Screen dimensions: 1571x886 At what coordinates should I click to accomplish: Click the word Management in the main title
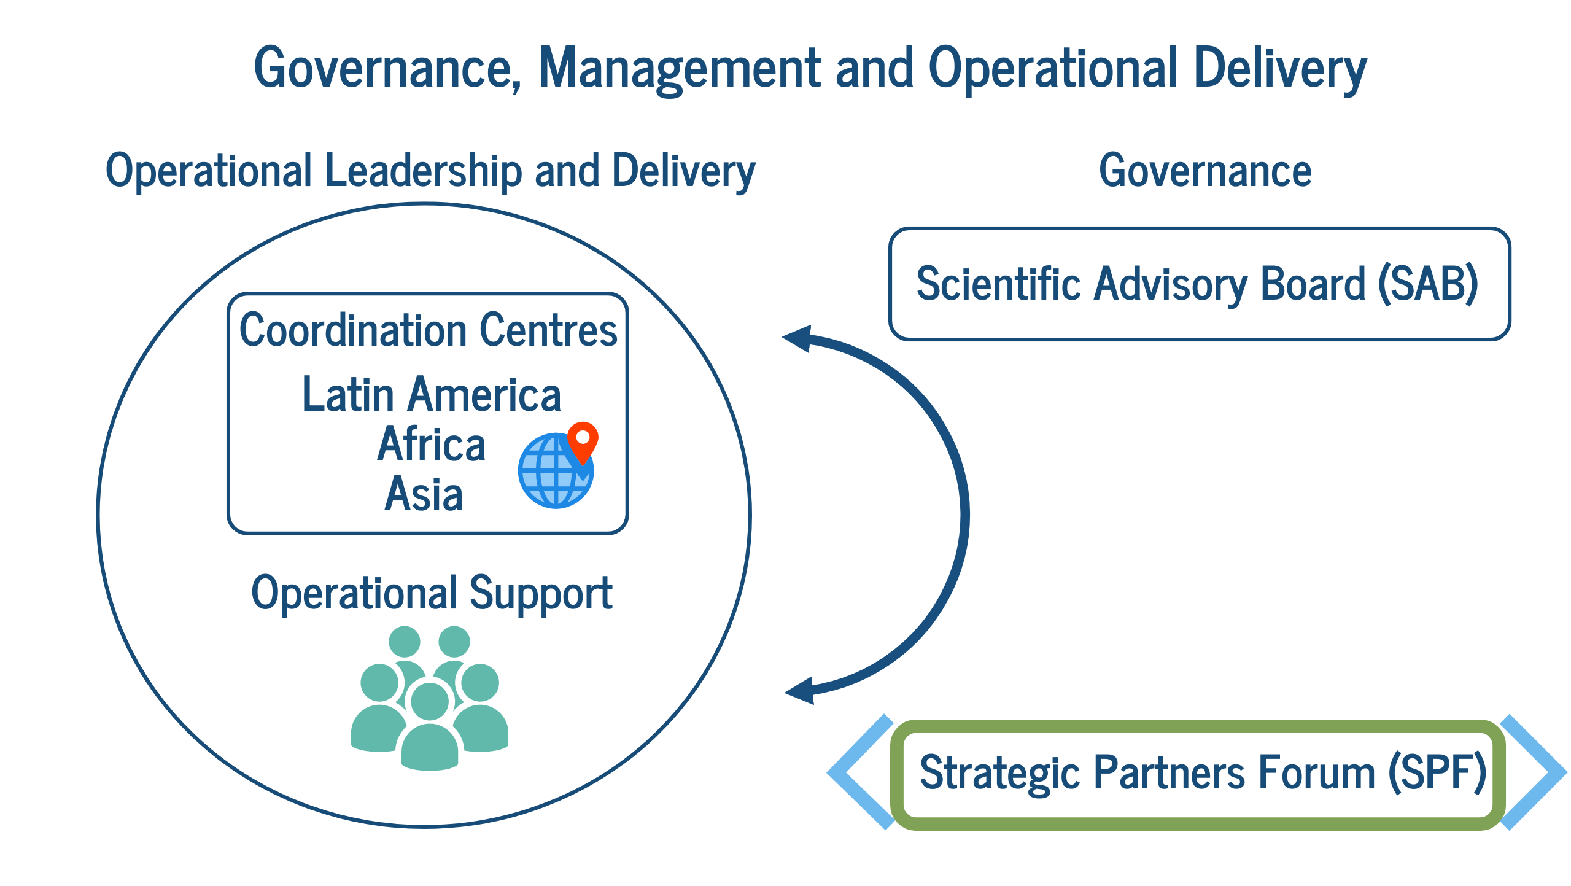click(x=680, y=69)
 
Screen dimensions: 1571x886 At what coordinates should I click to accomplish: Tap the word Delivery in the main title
click(x=1280, y=69)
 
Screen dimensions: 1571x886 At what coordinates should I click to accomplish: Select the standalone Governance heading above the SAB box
click(x=1205, y=171)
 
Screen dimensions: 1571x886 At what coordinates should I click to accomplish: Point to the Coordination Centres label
click(x=428, y=330)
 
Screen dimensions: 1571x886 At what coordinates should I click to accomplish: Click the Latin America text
click(x=432, y=394)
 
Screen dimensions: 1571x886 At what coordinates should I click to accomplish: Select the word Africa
click(x=432, y=443)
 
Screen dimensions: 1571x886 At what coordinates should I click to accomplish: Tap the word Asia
click(x=424, y=494)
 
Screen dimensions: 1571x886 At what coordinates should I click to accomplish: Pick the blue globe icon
click(x=555, y=471)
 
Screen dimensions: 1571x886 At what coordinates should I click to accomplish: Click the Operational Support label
click(x=432, y=594)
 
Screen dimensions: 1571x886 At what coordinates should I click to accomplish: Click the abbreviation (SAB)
click(x=1428, y=284)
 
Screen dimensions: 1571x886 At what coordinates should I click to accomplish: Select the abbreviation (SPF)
click(x=1438, y=772)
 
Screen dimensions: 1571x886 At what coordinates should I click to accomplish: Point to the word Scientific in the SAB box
click(x=998, y=284)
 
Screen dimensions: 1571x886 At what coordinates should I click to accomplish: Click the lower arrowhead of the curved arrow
click(x=799, y=691)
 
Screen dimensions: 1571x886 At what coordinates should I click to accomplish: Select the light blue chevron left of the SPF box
click(x=859, y=772)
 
